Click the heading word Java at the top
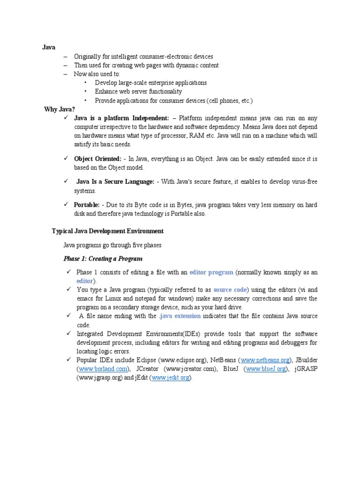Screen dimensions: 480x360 tap(49, 47)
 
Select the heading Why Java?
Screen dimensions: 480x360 tap(60, 109)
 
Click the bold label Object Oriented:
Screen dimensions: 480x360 tap(97, 159)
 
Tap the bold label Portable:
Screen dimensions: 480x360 tap(87, 205)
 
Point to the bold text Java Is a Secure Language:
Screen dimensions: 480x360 tap(115, 182)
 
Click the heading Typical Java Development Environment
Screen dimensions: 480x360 tap(107, 231)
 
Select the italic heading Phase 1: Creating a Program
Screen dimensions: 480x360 tap(103, 259)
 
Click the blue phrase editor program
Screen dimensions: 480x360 tap(211, 272)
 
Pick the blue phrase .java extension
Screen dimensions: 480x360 tap(180, 316)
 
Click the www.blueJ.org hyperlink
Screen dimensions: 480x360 tap(266, 369)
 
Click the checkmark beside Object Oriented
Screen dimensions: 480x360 tap(66, 159)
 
